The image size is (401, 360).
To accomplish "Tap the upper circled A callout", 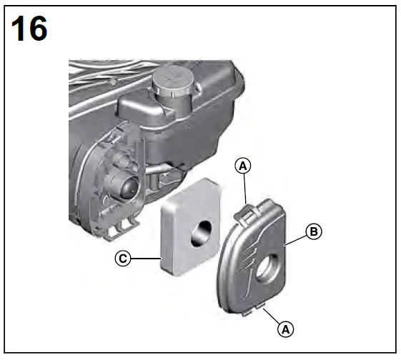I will point(243,165).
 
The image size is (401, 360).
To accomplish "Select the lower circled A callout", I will point(284,329).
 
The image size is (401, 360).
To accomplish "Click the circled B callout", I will point(312,231).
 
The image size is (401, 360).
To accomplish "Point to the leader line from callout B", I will point(295,238).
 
